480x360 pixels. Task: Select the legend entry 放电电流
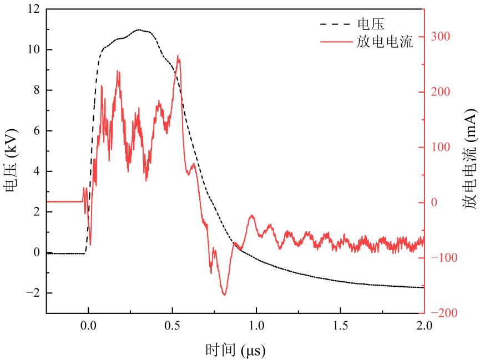pyautogui.click(x=385, y=42)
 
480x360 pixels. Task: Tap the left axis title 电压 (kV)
pyautogui.click(x=12, y=161)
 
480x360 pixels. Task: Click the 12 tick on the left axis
pyautogui.click(x=32, y=9)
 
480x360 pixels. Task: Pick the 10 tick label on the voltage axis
pyautogui.click(x=32, y=50)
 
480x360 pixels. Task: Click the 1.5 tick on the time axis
pyautogui.click(x=340, y=324)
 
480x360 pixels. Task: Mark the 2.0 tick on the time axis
pyautogui.click(x=423, y=324)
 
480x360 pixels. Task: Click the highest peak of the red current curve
pyautogui.click(x=178, y=55)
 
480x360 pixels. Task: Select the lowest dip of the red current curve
pyautogui.click(x=224, y=295)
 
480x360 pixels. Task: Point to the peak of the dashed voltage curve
pyautogui.click(x=139, y=30)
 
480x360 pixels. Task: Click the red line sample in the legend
pyautogui.click(x=336, y=42)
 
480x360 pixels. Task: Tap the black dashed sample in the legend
pyautogui.click(x=336, y=24)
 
